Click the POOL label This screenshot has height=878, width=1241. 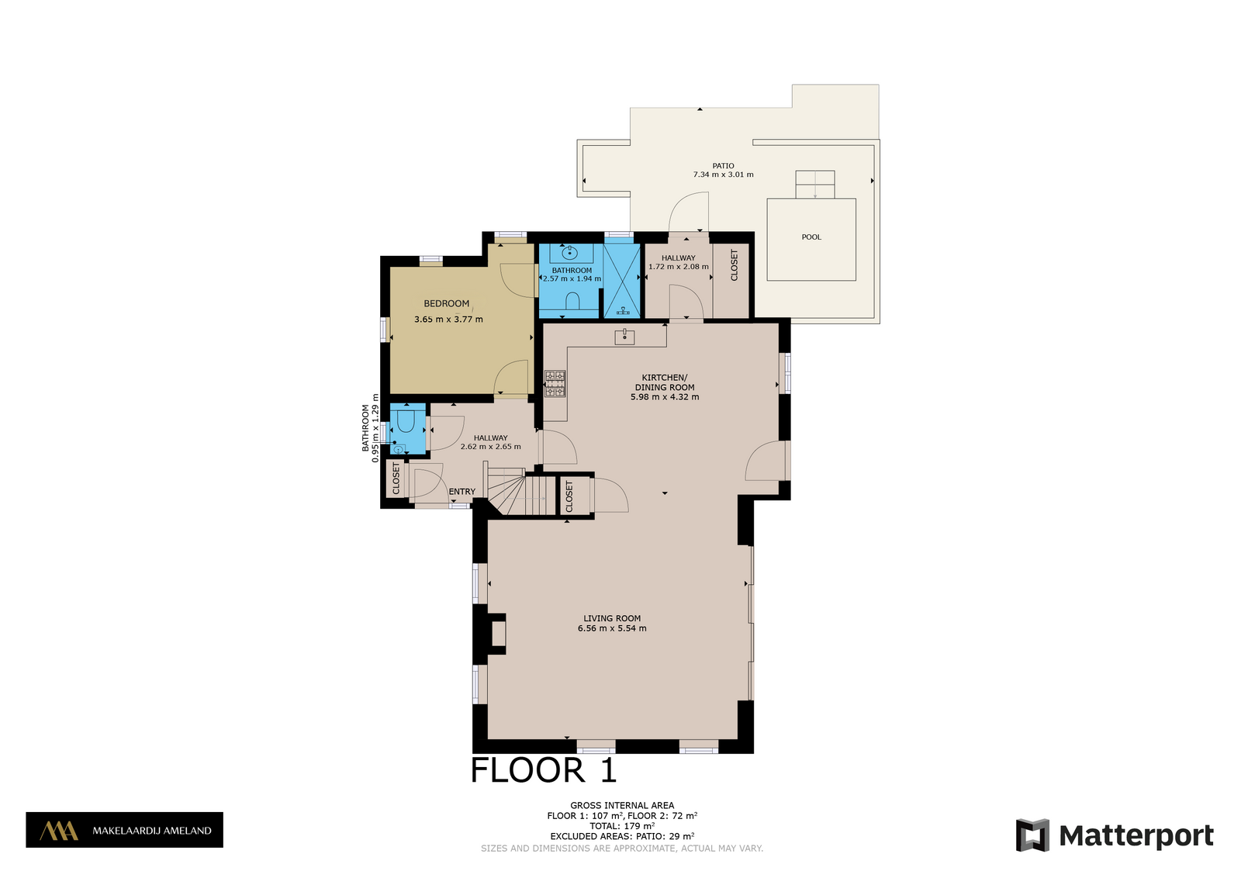tap(811, 237)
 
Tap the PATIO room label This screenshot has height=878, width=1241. tap(723, 166)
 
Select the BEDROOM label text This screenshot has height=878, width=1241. tap(447, 303)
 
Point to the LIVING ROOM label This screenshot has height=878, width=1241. tap(612, 618)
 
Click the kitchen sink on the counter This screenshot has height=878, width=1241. tap(624, 337)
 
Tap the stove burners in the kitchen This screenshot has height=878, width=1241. tap(555, 384)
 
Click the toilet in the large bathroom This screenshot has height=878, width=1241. tap(572, 302)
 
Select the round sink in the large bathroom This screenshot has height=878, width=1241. tap(569, 253)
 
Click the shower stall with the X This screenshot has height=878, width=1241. tap(621, 281)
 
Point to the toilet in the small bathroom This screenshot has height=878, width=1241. tap(406, 422)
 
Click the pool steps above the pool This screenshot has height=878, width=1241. tap(815, 185)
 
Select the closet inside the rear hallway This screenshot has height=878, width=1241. tap(731, 281)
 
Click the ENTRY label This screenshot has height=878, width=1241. tap(462, 491)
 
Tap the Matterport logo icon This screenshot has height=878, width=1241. tap(1032, 835)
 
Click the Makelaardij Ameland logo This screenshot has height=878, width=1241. tap(125, 830)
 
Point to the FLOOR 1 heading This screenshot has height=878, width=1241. tap(544, 770)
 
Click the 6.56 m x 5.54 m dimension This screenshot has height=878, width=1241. tap(612, 628)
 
